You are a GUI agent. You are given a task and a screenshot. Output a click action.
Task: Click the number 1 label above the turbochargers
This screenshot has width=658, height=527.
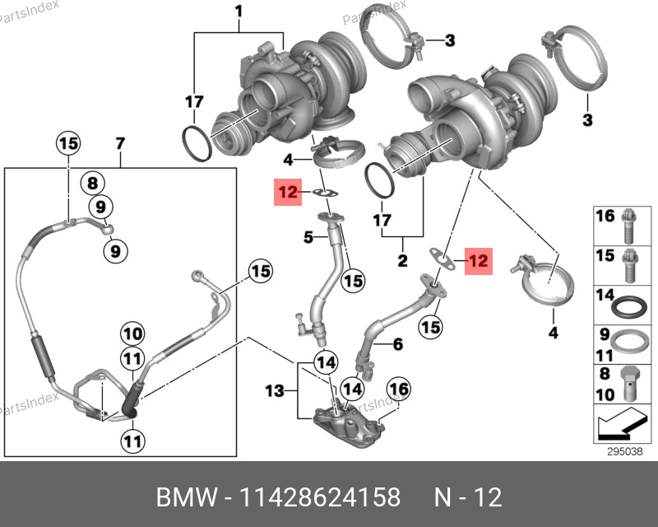click(x=239, y=12)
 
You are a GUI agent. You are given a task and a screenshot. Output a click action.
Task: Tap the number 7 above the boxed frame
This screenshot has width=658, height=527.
click(x=119, y=144)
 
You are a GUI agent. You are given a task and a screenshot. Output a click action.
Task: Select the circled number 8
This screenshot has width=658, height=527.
click(x=93, y=184)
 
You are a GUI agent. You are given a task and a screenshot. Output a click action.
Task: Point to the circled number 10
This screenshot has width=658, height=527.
click(x=132, y=334)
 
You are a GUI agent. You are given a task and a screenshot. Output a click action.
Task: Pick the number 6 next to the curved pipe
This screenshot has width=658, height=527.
click(x=398, y=345)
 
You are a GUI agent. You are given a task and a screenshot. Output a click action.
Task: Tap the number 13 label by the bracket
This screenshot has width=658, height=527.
click(x=274, y=389)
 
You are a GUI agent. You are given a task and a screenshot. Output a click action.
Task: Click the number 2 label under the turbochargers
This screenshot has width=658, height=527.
click(x=403, y=263)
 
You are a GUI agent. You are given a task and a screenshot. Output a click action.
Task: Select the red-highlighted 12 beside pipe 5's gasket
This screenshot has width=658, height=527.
click(x=287, y=193)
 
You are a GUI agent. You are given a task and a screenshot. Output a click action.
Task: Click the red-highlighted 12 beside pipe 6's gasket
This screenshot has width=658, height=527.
click(x=478, y=261)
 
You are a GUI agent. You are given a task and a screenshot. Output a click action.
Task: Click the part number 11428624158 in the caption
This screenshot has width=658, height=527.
click(x=320, y=497)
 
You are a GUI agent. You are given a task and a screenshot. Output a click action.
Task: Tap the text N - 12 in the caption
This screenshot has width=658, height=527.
click(x=467, y=497)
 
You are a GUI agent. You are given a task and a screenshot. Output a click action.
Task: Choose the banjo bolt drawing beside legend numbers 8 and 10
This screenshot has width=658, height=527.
click(x=629, y=383)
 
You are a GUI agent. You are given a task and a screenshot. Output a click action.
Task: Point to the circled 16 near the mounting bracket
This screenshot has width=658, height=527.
click(x=398, y=389)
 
